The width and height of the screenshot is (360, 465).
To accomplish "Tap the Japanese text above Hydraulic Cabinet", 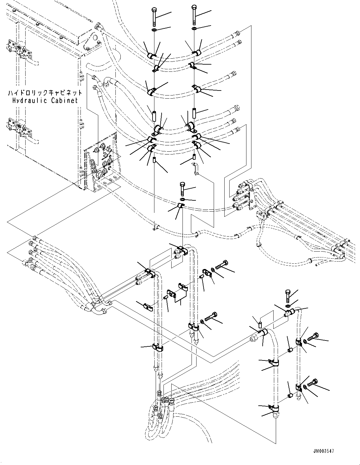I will pyautogui.click(x=45, y=93).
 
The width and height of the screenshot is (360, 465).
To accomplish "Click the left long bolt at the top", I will pyautogui.click(x=154, y=17).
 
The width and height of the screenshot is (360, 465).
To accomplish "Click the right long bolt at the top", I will pyautogui.click(x=194, y=15).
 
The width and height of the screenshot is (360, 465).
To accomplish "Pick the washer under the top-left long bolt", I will pyautogui.click(x=154, y=30).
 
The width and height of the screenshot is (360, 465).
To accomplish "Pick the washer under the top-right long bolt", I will pyautogui.click(x=194, y=29).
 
